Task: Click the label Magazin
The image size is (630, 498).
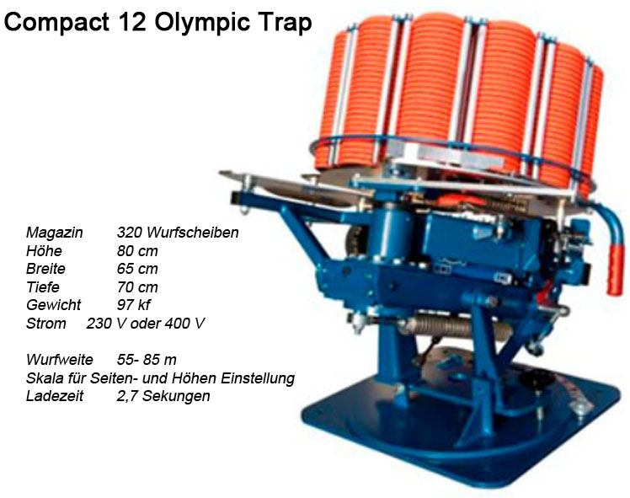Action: (x=55, y=232)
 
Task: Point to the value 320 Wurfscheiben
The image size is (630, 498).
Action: (x=178, y=232)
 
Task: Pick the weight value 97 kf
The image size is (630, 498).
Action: (x=135, y=305)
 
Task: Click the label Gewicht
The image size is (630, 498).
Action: (x=54, y=305)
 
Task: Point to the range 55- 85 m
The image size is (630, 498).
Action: (x=147, y=360)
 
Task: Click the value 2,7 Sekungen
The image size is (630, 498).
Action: (x=163, y=396)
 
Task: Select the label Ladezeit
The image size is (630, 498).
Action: (x=55, y=396)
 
